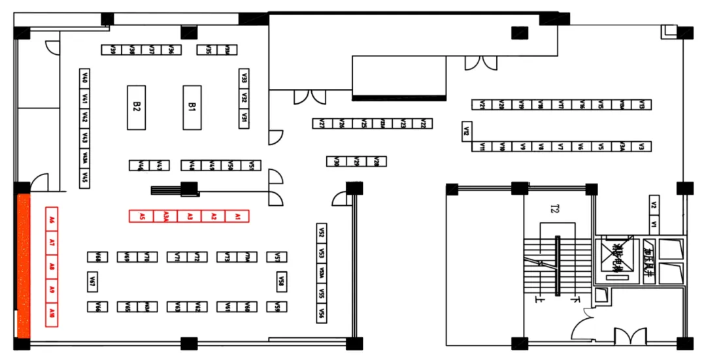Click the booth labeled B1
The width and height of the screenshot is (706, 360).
click(192, 107)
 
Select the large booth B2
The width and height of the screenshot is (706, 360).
click(136, 107)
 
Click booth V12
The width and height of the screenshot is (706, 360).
click(467, 131)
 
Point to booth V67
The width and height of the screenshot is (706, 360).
click(93, 282)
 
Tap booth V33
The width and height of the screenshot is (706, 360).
click(244, 77)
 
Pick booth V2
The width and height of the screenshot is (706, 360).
click(654, 205)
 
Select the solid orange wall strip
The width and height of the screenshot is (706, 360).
click(23, 265)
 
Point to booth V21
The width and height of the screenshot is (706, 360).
click(482, 105)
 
